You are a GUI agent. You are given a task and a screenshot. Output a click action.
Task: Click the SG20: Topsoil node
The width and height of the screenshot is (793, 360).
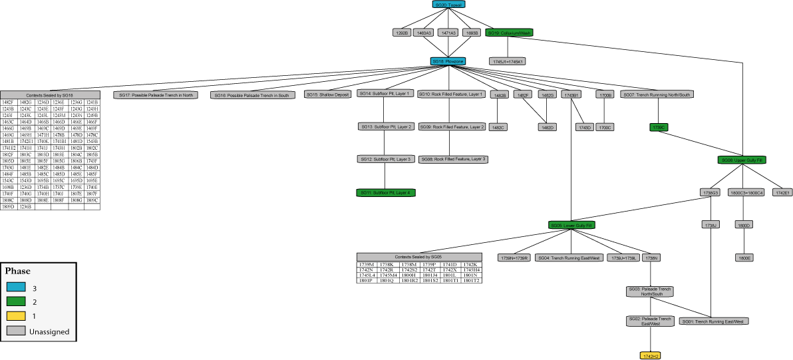tap(448, 5)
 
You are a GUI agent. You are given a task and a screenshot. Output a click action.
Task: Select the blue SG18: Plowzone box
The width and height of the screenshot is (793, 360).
tap(448, 61)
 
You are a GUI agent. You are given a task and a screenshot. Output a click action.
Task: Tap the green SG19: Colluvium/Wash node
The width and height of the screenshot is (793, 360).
tap(509, 32)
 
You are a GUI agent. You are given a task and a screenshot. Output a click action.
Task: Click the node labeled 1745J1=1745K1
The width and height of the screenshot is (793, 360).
tap(508, 61)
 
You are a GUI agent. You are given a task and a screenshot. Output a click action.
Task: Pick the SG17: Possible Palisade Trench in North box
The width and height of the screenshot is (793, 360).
tap(156, 95)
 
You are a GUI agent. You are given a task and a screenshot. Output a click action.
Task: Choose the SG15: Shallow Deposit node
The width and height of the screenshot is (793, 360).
tap(328, 94)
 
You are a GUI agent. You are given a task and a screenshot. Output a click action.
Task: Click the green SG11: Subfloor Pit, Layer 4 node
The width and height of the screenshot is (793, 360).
tap(386, 192)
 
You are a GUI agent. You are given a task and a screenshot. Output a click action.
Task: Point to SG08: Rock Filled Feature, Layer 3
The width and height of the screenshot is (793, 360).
tap(453, 160)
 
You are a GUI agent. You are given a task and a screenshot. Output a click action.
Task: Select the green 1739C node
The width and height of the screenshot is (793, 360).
tap(659, 126)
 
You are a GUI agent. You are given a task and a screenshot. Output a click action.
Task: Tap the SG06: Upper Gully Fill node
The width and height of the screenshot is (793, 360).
tap(742, 160)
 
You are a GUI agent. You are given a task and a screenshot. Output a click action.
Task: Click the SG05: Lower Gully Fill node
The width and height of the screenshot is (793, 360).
tap(571, 226)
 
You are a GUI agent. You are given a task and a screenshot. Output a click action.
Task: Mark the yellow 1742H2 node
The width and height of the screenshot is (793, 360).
tap(650, 356)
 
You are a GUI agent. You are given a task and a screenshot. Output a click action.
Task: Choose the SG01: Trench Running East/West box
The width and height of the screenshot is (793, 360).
tap(713, 321)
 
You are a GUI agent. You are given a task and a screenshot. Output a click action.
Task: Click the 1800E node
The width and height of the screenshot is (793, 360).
tap(744, 258)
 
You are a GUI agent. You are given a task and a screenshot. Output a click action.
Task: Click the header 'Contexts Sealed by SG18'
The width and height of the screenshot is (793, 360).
tap(50, 95)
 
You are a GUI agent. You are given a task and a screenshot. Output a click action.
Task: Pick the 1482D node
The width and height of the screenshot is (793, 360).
tap(547, 126)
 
